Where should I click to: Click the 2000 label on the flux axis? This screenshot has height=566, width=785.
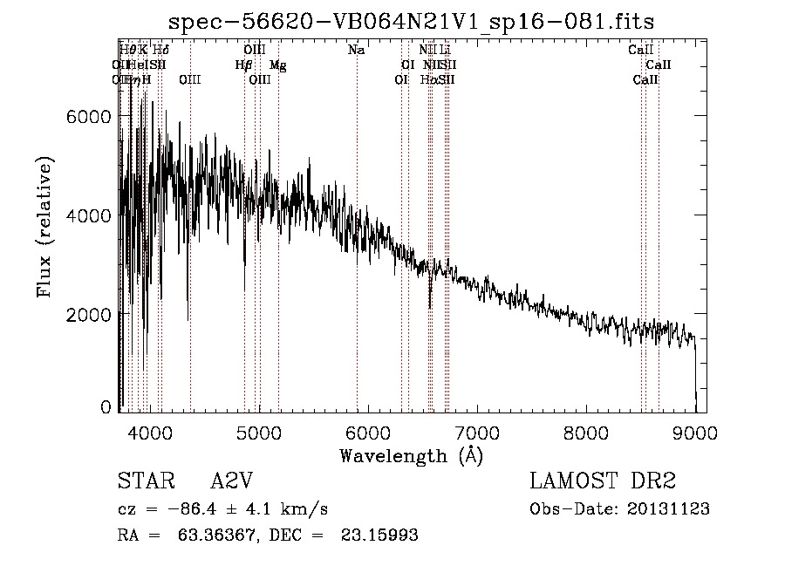[x=89, y=314]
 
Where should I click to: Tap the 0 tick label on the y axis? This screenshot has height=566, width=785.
[x=106, y=407]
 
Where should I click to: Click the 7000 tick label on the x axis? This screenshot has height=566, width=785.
[x=477, y=431]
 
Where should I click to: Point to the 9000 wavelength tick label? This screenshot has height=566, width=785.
[x=695, y=431]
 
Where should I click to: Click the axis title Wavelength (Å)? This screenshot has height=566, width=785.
[x=411, y=454]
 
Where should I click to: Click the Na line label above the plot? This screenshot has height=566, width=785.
[x=356, y=51]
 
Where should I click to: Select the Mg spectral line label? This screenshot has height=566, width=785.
[x=277, y=65]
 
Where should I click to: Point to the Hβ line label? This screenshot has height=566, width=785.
[x=243, y=65]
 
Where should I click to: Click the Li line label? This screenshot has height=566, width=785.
[x=445, y=51]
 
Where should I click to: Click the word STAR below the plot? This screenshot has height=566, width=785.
[x=144, y=481]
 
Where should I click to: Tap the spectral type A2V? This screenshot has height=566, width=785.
[x=232, y=481]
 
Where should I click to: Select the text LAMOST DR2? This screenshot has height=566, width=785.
[x=602, y=481]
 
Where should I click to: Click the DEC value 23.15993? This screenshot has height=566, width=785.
[x=379, y=535]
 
